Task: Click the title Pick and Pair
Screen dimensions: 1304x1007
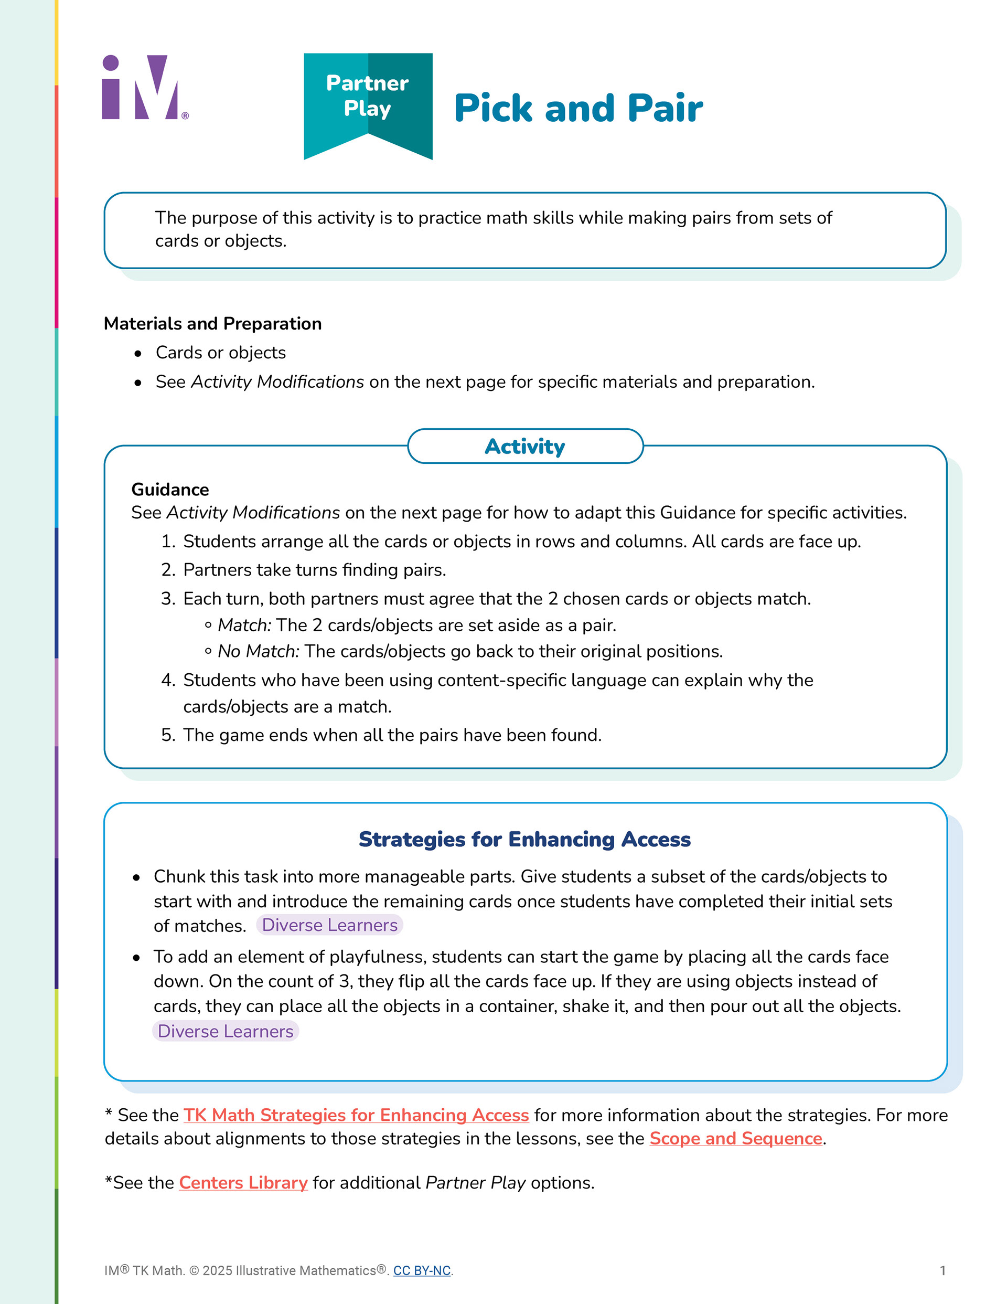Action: [x=578, y=109]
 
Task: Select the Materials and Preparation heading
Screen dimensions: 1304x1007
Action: [x=212, y=324]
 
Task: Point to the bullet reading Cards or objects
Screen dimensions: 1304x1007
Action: [x=220, y=353]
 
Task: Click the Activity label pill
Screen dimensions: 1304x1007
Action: [x=524, y=447]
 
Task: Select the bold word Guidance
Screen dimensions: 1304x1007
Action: [x=170, y=490]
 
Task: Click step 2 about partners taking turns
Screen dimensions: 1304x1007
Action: [x=314, y=570]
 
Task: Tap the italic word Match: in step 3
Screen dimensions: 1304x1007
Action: [x=244, y=625]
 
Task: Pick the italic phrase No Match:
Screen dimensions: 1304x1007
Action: [x=258, y=651]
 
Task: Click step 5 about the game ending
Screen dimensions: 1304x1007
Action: [x=392, y=735]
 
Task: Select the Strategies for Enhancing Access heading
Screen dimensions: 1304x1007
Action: [x=524, y=840]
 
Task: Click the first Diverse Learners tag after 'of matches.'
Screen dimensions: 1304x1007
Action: [x=329, y=926]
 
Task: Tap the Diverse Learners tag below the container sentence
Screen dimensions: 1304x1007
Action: [x=225, y=1032]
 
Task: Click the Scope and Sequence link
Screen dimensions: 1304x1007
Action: [x=735, y=1139]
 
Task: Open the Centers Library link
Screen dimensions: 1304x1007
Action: [x=243, y=1183]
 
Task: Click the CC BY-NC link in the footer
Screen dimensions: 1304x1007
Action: [x=422, y=1270]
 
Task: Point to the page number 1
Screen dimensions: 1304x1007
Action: [x=942, y=1270]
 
